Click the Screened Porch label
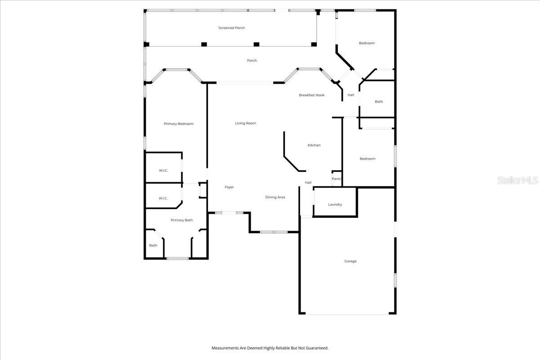click(232, 28)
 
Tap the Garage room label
click(351, 261)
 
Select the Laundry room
click(335, 204)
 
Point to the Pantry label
click(337, 179)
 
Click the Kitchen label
click(314, 145)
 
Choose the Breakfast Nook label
click(312, 95)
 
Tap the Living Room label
click(245, 123)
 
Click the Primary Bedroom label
click(179, 124)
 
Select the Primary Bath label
click(182, 220)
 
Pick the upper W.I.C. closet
click(163, 170)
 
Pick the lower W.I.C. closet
click(163, 198)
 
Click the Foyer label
click(229, 187)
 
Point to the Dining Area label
click(275, 197)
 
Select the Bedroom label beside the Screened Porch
click(366, 43)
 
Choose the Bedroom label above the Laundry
click(367, 158)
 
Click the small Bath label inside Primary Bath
click(153, 245)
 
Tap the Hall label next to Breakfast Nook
click(351, 95)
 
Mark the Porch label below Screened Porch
click(252, 60)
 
